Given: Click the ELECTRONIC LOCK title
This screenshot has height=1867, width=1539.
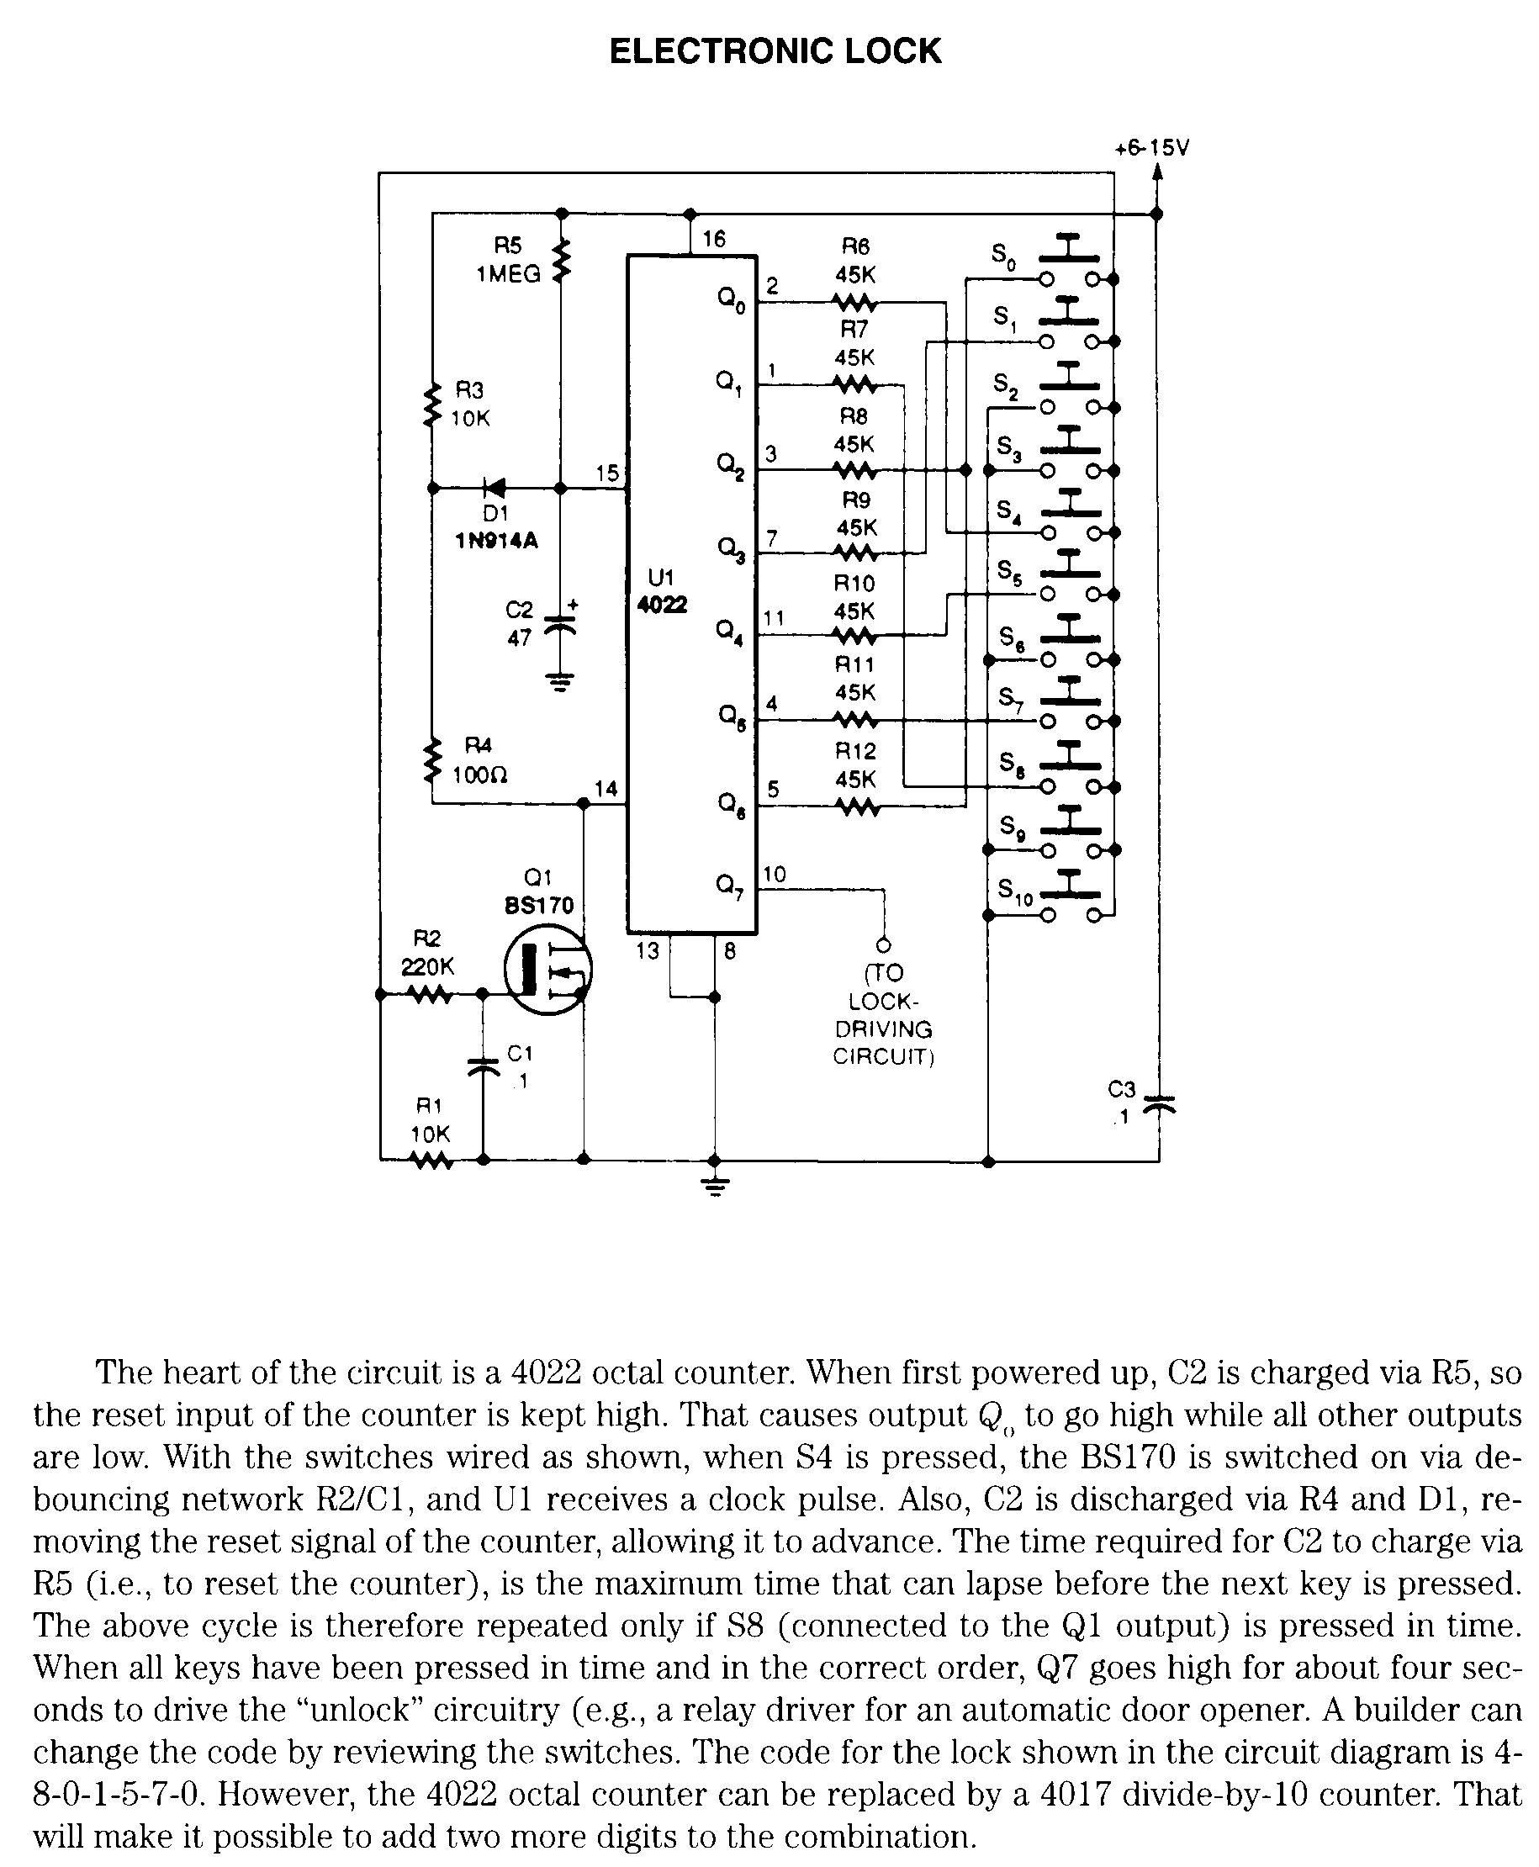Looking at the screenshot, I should [x=775, y=50].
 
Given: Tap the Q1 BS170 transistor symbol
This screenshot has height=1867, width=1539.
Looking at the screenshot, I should [x=547, y=970].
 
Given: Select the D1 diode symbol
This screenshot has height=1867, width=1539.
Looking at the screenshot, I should [x=494, y=487].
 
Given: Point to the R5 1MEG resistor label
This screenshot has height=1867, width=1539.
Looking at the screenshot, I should [x=507, y=260].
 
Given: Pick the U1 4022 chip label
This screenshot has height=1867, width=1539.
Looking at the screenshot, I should [x=661, y=591].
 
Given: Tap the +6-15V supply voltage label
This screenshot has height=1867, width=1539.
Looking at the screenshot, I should [x=1151, y=148].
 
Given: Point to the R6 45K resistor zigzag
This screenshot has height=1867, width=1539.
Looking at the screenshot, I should [x=854, y=304].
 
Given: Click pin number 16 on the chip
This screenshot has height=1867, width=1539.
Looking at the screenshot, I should [x=714, y=239].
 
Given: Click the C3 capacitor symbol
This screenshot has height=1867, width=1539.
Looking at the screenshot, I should [x=1159, y=1103].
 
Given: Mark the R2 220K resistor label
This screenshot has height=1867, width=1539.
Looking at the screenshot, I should [x=427, y=953].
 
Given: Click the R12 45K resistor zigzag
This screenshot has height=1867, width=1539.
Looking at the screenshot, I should [x=854, y=807].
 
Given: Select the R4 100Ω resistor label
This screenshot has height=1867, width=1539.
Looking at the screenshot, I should [x=479, y=760].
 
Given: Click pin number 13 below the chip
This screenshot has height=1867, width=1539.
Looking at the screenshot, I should [x=648, y=951].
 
